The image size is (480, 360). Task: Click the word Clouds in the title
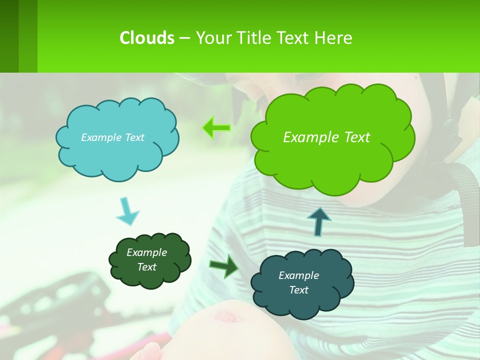146,38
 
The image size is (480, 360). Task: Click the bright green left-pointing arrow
216,128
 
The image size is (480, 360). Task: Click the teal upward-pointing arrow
318,221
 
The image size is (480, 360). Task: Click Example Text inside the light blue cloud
112,137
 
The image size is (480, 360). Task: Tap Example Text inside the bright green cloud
326,137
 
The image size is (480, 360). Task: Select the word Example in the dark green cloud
146,252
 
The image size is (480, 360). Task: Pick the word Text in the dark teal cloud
298,290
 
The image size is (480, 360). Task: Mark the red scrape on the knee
228,316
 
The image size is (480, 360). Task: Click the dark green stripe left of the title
9,36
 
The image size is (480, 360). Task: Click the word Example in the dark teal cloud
298,275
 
